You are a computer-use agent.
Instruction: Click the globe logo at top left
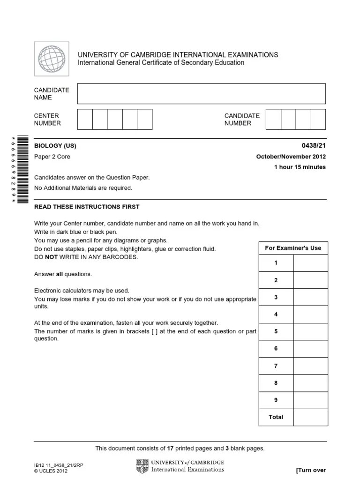(52, 59)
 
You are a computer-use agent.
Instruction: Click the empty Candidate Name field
(201, 94)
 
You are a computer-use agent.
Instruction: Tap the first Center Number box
(85, 119)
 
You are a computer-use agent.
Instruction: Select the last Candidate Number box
(318, 119)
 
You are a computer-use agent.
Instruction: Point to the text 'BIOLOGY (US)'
(55, 146)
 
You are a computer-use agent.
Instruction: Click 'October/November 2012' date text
(291, 157)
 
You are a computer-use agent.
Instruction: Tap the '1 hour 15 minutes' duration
(300, 167)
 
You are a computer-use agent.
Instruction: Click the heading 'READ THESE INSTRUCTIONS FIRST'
(87, 207)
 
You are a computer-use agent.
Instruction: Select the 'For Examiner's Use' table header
(293, 248)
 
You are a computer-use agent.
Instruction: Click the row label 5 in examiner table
(276, 331)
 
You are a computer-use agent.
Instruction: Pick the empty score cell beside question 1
(310, 263)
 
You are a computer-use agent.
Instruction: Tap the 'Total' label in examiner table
(276, 417)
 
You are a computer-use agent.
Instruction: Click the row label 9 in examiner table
(276, 400)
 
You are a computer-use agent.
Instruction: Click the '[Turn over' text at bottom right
(311, 470)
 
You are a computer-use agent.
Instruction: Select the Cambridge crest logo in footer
(142, 466)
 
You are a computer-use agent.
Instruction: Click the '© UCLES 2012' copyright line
(51, 471)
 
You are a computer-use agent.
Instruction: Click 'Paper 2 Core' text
(52, 157)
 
